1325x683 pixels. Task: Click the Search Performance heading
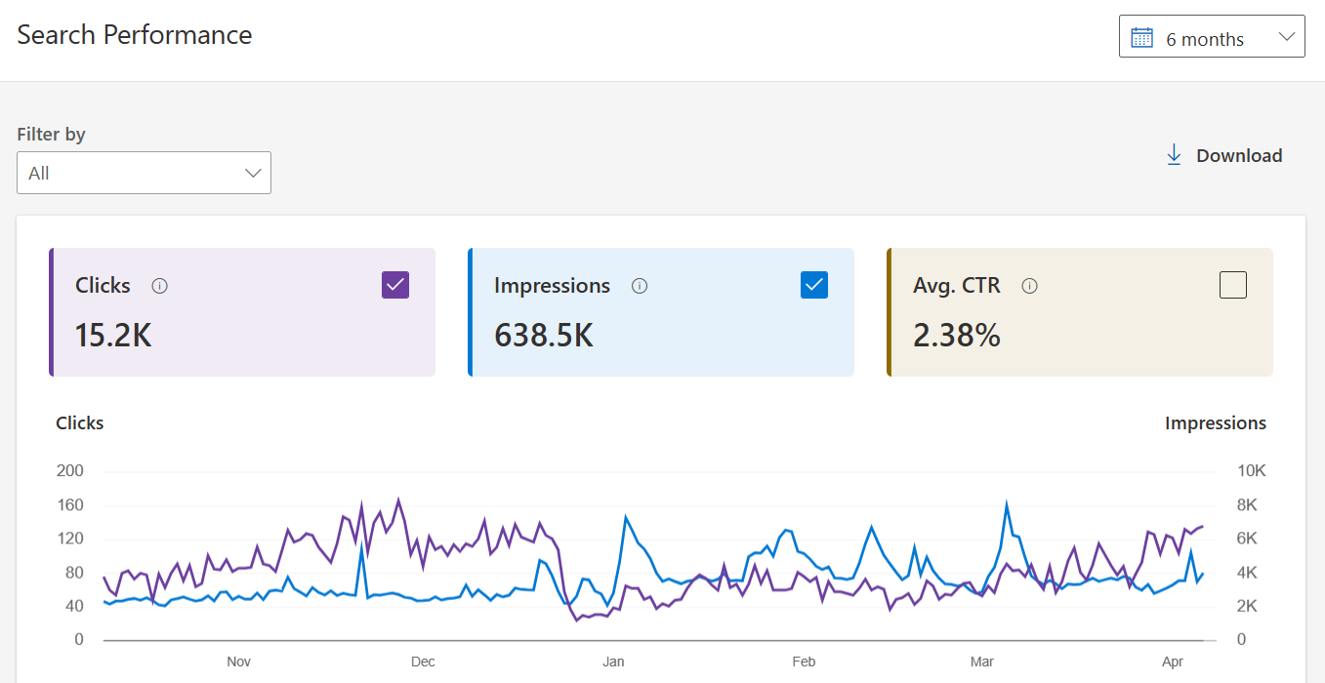click(135, 35)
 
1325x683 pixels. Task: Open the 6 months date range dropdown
click(1212, 37)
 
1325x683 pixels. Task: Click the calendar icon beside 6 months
click(1141, 38)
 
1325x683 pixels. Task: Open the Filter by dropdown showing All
click(144, 173)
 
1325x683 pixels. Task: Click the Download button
click(1223, 155)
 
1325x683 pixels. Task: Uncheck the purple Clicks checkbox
click(395, 285)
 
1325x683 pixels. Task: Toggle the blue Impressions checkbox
click(814, 285)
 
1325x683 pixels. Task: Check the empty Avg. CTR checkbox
click(1232, 285)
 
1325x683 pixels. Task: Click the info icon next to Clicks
click(160, 286)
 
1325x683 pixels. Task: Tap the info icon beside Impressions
click(640, 286)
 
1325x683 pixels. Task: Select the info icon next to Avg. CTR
click(1029, 286)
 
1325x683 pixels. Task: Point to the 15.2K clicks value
click(113, 336)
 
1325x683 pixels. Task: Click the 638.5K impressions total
click(544, 336)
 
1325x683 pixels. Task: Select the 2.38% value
click(957, 336)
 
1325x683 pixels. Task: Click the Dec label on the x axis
click(423, 662)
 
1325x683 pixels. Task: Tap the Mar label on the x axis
click(982, 662)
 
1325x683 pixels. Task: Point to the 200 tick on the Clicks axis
click(69, 470)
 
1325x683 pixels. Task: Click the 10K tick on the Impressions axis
click(1251, 470)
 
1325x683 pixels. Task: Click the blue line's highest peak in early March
click(1007, 502)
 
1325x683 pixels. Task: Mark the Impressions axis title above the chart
click(1216, 423)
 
